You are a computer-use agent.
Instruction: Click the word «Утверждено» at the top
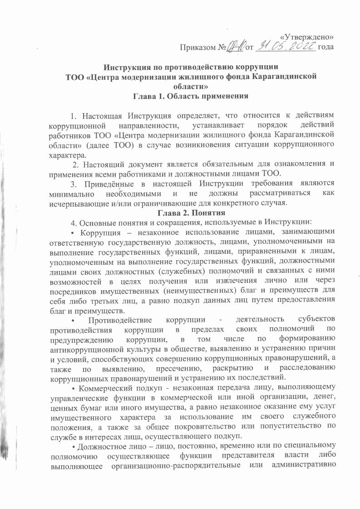coord(308,37)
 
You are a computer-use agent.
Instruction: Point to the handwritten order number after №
coord(236,46)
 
